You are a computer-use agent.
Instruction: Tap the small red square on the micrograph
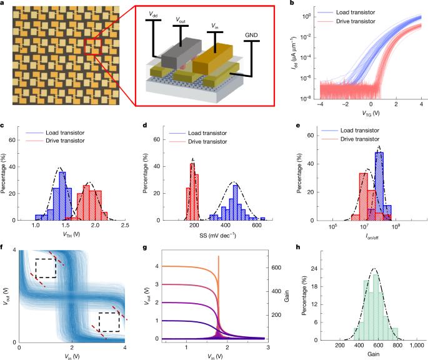pyautogui.click(x=93, y=46)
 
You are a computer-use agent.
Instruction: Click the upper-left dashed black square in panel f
pyautogui.click(x=46, y=269)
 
